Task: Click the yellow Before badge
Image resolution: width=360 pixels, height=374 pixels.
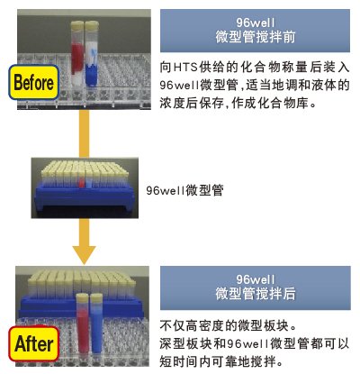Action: pos(33,82)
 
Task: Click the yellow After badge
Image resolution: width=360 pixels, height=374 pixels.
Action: pos(33,343)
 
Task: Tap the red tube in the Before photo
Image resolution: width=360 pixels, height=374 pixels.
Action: pos(77,51)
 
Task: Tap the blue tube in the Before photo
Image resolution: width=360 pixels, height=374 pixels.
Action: pos(91,53)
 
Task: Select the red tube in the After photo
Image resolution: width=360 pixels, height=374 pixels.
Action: pos(82,323)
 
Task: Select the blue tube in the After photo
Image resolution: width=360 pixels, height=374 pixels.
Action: pos(96,324)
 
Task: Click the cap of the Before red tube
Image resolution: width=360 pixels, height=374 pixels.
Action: pos(77,24)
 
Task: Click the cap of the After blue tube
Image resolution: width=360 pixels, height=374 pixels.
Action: pos(96,297)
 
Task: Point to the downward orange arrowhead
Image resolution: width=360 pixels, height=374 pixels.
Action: pos(84,255)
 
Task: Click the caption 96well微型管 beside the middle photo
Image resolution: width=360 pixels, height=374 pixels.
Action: pos(184,190)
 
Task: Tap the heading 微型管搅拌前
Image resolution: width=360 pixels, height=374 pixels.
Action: pos(256,37)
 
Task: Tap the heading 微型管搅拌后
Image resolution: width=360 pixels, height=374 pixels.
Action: pos(256,294)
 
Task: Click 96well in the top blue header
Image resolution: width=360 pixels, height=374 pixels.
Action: pos(256,23)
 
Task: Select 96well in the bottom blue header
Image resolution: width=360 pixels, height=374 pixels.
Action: pos(256,279)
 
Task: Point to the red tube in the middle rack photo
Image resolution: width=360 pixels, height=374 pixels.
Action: pos(81,182)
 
